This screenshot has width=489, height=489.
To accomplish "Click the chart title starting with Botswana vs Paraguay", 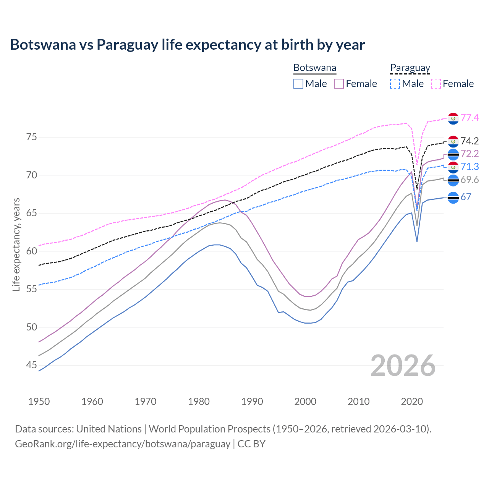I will pos(187,45).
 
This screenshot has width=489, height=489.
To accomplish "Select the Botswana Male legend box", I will pos(298,84).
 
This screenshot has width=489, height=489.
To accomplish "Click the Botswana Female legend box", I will pos(339,84).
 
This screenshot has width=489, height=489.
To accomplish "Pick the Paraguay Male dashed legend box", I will pos(395,84).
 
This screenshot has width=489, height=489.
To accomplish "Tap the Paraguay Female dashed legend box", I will pos(436,84).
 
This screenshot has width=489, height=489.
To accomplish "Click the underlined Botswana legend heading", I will pos(315,68).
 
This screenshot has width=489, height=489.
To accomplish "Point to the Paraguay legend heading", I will pos(410,68).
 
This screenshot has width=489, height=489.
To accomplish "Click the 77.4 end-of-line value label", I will pos(470,118).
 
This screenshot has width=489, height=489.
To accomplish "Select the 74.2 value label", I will pos(470,141).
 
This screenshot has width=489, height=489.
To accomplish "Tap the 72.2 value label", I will pos(470,154).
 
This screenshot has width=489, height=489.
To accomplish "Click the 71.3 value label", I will pos(470,167).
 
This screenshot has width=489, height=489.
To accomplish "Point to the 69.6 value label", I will pos(470,180).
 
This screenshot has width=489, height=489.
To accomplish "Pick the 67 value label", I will pos(466,197).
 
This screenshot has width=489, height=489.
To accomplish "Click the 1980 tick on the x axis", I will pos(199,402).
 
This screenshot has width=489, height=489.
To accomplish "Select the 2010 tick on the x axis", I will pos(358,402).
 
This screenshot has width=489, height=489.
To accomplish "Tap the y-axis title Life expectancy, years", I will pos(16,244).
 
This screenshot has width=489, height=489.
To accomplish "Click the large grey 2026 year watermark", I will pos(403,366).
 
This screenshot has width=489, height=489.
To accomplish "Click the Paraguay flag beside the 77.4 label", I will pos(453,118).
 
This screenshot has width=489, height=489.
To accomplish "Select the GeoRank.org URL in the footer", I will pos(122,444).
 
